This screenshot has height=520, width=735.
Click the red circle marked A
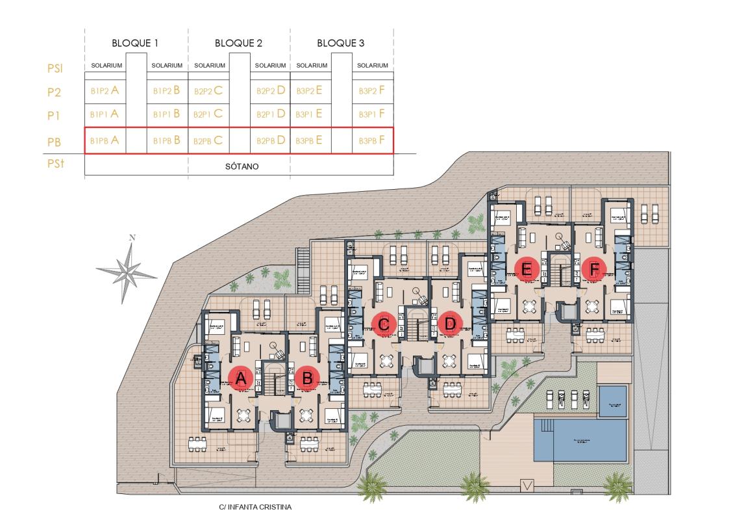tap(241, 378)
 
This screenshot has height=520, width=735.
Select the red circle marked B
tap(308, 378)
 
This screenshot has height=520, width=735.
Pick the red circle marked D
tap(449, 323)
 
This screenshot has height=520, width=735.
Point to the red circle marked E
tap(526, 267)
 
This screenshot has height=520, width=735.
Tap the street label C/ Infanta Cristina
tap(255, 506)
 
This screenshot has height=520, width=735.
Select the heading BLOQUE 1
tap(136, 44)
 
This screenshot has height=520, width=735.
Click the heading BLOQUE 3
tap(340, 44)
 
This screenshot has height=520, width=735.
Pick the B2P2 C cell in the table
tap(208, 92)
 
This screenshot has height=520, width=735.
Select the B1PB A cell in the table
tap(105, 140)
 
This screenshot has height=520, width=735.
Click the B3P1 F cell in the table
tap(373, 114)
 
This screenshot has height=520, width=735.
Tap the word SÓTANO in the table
tap(242, 166)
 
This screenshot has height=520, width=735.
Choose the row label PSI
tap(55, 68)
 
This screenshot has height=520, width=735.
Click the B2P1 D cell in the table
tap(271, 114)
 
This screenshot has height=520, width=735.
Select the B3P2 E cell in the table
tap(310, 92)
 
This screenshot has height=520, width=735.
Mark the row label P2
tap(55, 93)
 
